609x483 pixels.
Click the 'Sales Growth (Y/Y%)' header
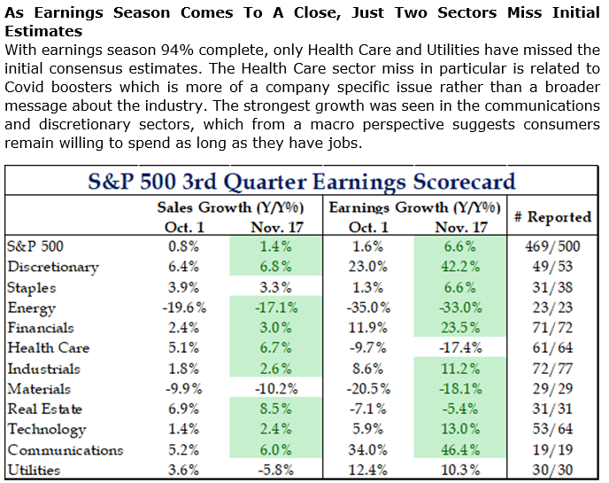click(x=231, y=207)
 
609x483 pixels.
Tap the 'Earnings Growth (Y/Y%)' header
click(x=413, y=207)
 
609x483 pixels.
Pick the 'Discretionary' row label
click(x=52, y=267)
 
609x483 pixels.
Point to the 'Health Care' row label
click(x=45, y=348)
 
